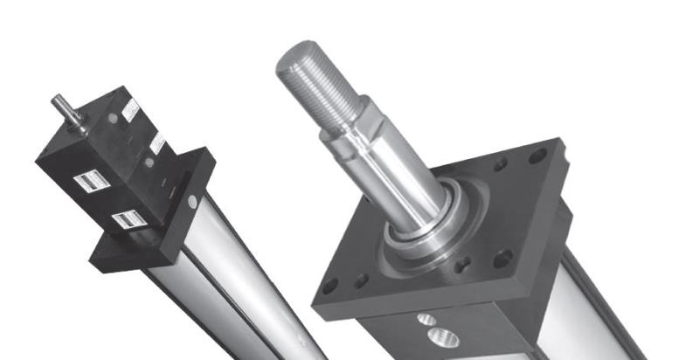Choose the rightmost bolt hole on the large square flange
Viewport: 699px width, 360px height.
[538, 156]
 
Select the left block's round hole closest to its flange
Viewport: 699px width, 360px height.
[149, 163]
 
